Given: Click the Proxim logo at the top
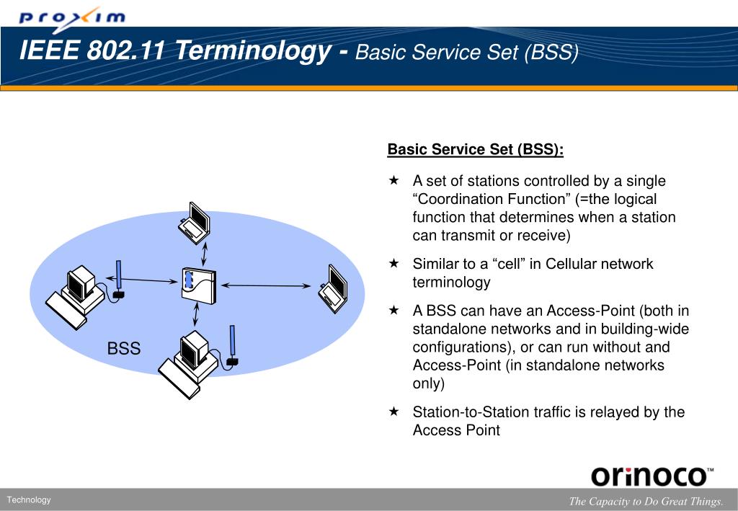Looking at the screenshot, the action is [72, 18].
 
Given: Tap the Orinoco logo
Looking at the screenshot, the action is [652, 476].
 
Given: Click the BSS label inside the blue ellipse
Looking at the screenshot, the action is [124, 348].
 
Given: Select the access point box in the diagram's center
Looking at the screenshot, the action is [199, 285].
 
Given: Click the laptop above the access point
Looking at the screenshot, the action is [194, 223].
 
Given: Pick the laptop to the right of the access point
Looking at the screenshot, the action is [333, 289].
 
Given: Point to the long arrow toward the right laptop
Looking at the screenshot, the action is [266, 285].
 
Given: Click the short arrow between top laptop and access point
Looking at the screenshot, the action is [204, 254].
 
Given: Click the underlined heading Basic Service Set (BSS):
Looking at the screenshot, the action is [476, 149].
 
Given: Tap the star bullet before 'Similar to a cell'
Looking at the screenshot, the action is [394, 263].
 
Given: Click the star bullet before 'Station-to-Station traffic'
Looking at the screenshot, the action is [394, 412].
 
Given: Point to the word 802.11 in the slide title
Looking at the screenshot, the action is [125, 50].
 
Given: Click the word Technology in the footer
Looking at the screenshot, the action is [29, 499].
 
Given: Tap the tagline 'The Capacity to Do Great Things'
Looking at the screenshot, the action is [645, 501].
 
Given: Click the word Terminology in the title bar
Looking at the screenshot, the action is [253, 51].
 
